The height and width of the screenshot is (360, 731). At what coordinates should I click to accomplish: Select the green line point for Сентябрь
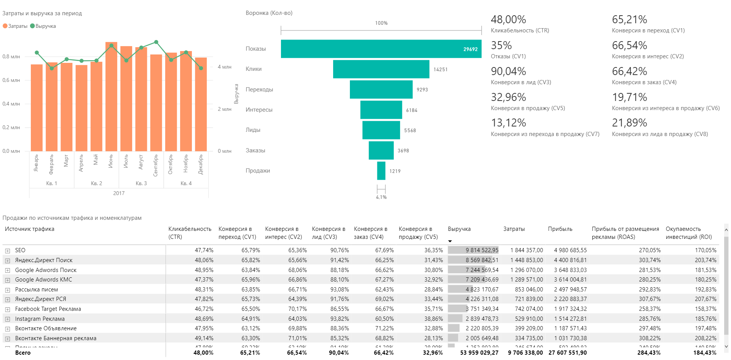click(x=156, y=42)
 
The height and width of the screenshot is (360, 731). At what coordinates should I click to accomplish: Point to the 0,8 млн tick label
click(x=11, y=57)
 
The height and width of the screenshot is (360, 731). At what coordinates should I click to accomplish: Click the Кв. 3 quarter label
click(x=141, y=184)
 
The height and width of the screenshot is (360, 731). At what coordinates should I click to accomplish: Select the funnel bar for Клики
click(x=381, y=69)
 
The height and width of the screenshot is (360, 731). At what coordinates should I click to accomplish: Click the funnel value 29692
click(x=470, y=50)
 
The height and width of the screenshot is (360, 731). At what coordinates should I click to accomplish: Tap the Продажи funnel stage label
click(x=258, y=171)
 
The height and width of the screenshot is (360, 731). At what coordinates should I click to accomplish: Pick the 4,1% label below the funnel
click(x=381, y=197)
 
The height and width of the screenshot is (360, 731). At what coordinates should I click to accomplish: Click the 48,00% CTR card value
click(x=508, y=20)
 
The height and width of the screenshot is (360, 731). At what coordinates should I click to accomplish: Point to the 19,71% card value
click(x=629, y=98)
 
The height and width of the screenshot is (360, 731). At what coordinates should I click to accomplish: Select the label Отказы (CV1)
click(x=508, y=56)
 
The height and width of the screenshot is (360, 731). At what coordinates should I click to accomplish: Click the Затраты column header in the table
click(x=514, y=229)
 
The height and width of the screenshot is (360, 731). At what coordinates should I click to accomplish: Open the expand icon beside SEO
click(x=7, y=251)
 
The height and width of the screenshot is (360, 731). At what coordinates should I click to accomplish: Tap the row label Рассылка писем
click(x=37, y=290)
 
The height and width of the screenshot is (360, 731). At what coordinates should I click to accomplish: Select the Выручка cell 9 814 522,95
click(x=482, y=250)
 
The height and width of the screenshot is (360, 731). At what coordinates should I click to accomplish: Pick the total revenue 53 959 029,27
click(x=479, y=353)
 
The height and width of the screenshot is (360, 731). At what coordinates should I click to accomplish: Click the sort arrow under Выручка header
click(x=450, y=241)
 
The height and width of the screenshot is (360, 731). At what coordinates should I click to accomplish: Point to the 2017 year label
click(x=119, y=194)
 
